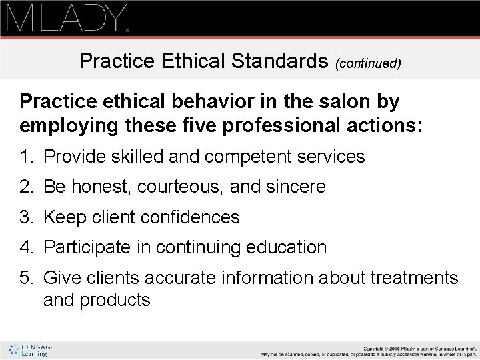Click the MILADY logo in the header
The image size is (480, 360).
point(67,18)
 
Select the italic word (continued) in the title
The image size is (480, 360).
point(369,63)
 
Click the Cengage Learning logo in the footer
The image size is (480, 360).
point(31,350)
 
